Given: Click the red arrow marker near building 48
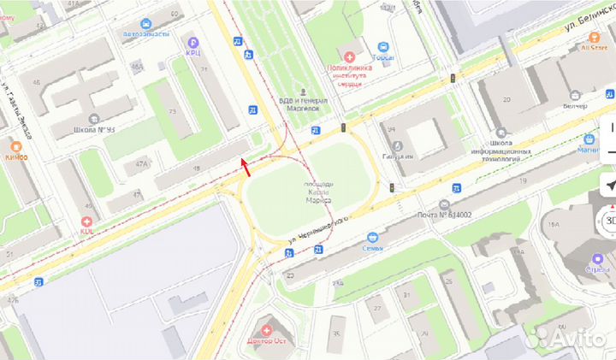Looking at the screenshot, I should coord(245,166).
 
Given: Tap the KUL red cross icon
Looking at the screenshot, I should coord(86,221).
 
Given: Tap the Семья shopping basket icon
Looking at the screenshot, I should coord(371,237).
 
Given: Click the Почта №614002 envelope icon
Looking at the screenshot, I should coord(443,204).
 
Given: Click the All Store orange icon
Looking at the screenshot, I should coord(592,37).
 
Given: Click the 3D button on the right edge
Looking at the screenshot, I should coord(609,220).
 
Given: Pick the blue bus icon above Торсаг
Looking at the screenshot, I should coord(383,48).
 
